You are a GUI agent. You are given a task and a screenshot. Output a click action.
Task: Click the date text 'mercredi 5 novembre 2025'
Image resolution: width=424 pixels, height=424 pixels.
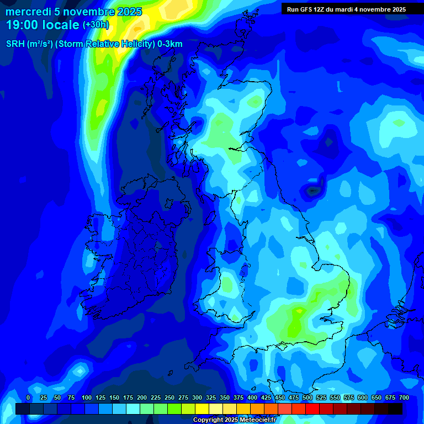(73, 12)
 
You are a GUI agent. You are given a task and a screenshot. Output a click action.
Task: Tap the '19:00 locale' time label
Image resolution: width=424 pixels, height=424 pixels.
(43, 25)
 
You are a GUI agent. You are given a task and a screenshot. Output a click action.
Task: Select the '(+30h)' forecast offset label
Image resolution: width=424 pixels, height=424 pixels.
(96, 25)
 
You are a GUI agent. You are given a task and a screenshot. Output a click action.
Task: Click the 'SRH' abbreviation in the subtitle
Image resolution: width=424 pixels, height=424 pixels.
(15, 44)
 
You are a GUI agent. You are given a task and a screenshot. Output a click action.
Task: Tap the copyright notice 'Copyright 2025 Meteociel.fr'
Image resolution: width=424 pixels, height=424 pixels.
(234, 420)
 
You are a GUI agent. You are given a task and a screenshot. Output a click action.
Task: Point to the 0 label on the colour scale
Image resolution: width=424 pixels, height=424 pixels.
(28, 397)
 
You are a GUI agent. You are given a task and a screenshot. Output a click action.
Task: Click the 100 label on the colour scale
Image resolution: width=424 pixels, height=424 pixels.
(87, 397)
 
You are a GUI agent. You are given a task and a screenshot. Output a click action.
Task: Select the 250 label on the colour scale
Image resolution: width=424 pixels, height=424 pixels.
(169, 397)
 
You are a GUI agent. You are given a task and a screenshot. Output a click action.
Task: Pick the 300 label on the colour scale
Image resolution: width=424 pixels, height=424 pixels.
(197, 397)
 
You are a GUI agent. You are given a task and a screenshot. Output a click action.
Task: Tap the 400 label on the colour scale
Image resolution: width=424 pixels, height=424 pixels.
(252, 397)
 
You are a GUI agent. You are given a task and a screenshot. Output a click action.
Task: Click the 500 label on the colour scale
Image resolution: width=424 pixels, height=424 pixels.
(308, 397)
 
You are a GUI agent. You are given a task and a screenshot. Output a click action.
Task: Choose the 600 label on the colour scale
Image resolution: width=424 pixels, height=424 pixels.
(363, 397)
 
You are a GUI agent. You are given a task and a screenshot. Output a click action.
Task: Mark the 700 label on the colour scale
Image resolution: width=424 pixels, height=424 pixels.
(404, 397)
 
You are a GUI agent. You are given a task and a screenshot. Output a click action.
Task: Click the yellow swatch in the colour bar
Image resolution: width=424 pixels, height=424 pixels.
(202, 409)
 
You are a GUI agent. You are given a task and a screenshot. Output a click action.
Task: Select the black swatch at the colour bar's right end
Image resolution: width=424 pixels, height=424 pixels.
(395, 409)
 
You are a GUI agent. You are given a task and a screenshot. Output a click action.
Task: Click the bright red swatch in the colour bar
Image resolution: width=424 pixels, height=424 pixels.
(312, 409)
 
